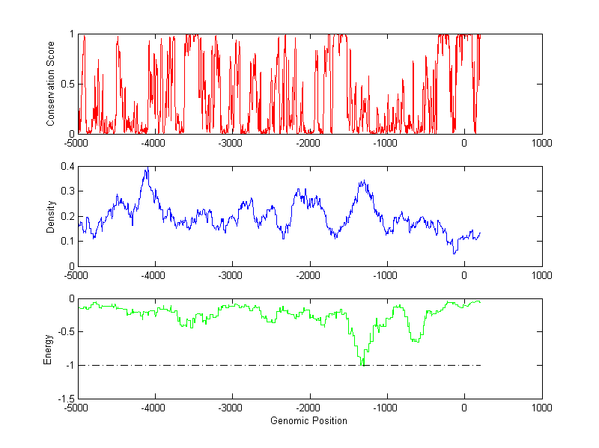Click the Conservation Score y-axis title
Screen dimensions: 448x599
click(x=50, y=84)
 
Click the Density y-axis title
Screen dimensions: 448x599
click(x=50, y=216)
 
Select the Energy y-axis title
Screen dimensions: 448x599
click(x=48, y=349)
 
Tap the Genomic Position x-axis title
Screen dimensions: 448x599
click(x=308, y=420)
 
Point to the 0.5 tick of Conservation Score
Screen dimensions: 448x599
click(x=67, y=84)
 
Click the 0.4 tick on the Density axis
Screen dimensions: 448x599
click(x=67, y=167)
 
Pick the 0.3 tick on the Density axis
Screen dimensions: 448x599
click(x=67, y=191)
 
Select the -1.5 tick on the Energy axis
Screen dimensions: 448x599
click(x=66, y=399)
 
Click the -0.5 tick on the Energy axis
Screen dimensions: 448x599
click(x=66, y=332)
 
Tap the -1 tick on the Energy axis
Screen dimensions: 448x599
click(x=70, y=366)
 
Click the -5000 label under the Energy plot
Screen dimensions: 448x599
click(x=77, y=408)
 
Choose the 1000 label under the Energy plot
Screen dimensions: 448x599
click(x=541, y=408)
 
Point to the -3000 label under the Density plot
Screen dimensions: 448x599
click(x=231, y=275)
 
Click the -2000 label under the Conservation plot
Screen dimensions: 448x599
click(x=308, y=143)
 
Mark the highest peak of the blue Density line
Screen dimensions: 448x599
click(x=147, y=169)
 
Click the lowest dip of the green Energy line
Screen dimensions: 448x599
click(x=362, y=364)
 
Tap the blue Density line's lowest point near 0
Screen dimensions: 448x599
click(x=454, y=254)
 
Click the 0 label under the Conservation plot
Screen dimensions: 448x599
click(x=464, y=143)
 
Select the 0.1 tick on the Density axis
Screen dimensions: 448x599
click(x=67, y=241)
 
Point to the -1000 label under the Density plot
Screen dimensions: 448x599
click(x=386, y=275)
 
